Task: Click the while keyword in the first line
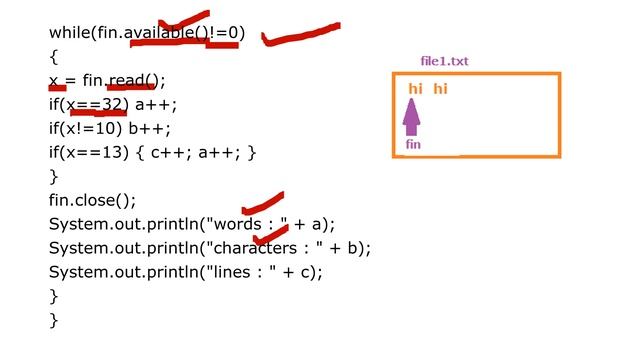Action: (x=69, y=33)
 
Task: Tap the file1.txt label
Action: (x=444, y=62)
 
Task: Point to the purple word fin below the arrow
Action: (x=413, y=145)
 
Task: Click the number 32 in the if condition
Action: (x=111, y=104)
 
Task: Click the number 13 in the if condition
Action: (x=111, y=152)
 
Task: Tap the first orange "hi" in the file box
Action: (x=415, y=90)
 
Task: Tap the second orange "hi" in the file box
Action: (x=440, y=90)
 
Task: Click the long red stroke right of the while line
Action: (x=300, y=36)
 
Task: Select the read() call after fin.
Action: (x=134, y=80)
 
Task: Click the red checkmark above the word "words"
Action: (x=263, y=204)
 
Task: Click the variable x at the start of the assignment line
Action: (x=54, y=81)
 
